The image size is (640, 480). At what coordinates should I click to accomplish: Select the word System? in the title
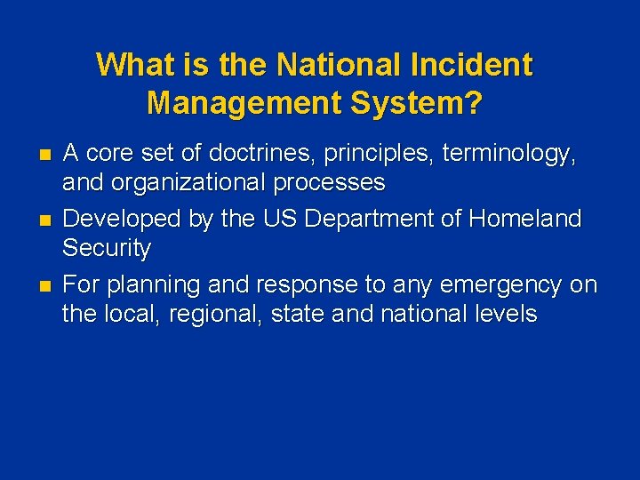[417, 103]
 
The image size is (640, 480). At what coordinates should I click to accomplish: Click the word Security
[107, 248]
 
